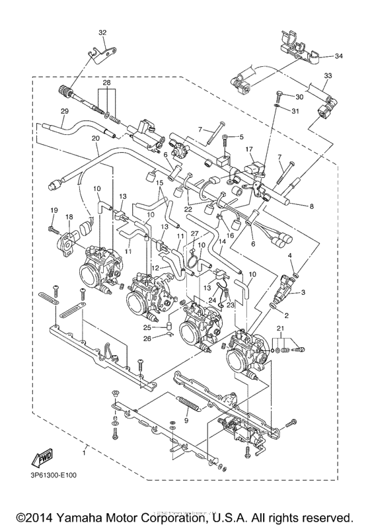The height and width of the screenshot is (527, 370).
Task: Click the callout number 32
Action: (102, 32)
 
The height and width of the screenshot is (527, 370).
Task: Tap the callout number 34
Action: (338, 56)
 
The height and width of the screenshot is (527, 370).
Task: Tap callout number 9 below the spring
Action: (187, 421)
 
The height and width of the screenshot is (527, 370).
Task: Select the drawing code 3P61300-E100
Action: (53, 475)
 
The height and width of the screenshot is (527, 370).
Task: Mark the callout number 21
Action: (281, 328)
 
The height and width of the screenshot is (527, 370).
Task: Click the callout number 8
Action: (312, 206)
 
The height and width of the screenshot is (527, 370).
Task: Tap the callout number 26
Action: (148, 339)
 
